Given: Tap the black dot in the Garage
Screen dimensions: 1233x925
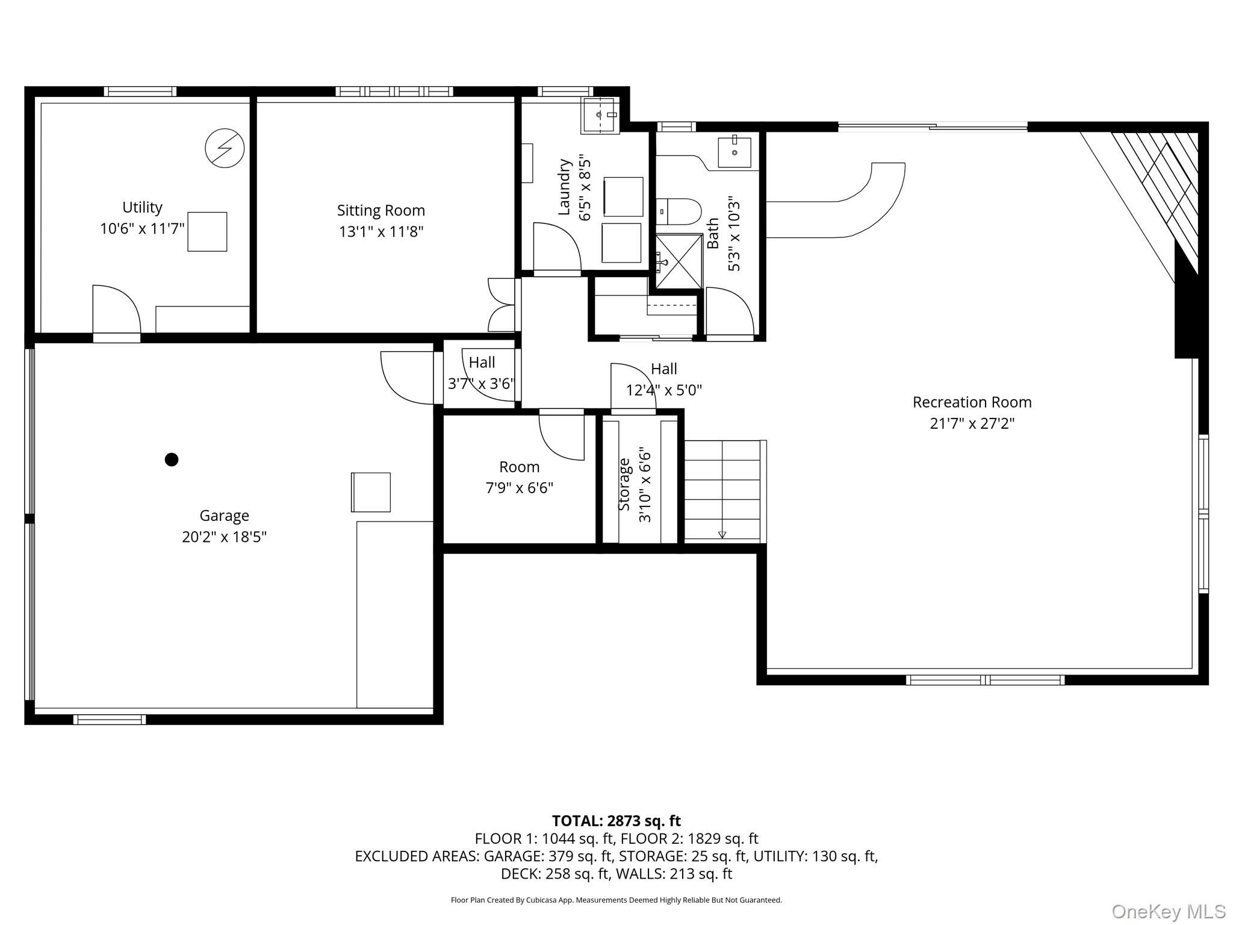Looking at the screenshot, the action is pyautogui.click(x=172, y=459).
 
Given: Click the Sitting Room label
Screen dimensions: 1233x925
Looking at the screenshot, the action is pyautogui.click(x=381, y=210).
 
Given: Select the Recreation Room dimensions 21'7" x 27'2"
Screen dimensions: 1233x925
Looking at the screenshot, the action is pyautogui.click(x=972, y=423).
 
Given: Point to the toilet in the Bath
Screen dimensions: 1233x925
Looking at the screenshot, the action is pyautogui.click(x=679, y=211).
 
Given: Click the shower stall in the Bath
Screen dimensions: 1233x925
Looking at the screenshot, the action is pyautogui.click(x=679, y=261).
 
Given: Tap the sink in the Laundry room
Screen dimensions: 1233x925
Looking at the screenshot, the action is pyautogui.click(x=598, y=115).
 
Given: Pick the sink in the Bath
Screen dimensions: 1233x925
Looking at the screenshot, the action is pyautogui.click(x=735, y=152).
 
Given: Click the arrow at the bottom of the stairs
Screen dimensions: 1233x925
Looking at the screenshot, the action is pyautogui.click(x=722, y=535).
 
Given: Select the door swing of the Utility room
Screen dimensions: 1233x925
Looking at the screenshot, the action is pyautogui.click(x=116, y=308).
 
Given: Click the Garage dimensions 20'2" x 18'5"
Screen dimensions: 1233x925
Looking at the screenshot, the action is pyautogui.click(x=224, y=537).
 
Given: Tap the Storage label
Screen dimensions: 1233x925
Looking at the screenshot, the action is pyautogui.click(x=624, y=484).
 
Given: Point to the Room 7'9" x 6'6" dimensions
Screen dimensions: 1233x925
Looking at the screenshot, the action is pyautogui.click(x=520, y=488).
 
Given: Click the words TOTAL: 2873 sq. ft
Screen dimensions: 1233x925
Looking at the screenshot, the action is pyautogui.click(x=616, y=821).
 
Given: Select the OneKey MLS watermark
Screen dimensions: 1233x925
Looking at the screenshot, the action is pyautogui.click(x=1169, y=911).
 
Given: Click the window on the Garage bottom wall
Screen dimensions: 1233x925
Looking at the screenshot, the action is pyautogui.click(x=110, y=719).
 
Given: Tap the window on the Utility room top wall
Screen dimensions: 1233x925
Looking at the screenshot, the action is pyautogui.click(x=140, y=92).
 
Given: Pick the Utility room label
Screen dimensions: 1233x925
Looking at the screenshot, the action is pyautogui.click(x=142, y=207).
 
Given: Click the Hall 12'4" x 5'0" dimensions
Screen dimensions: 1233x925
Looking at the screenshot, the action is pyautogui.click(x=664, y=390).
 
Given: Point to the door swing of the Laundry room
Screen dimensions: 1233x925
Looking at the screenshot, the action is pyautogui.click(x=557, y=246).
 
